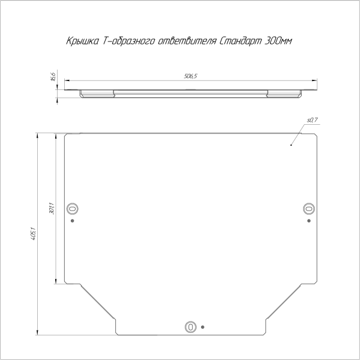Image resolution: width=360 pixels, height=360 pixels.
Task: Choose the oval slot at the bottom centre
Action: [191, 327]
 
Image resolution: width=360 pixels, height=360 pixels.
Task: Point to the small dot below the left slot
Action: [73, 220]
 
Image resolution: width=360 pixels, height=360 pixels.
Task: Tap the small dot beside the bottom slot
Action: [203, 327]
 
